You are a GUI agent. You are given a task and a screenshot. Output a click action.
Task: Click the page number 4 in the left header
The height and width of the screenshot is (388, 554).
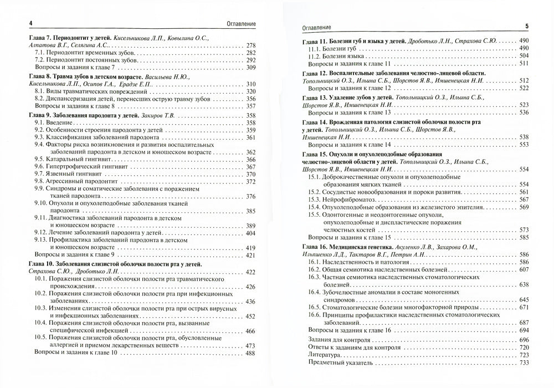coord(15,23)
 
